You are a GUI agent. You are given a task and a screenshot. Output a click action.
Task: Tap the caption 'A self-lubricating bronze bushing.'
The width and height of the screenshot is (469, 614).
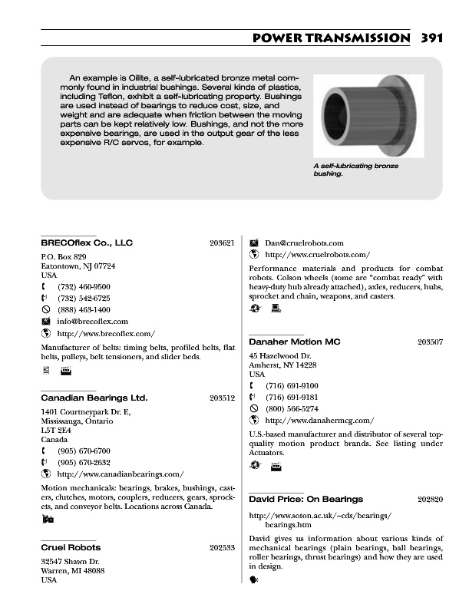355,170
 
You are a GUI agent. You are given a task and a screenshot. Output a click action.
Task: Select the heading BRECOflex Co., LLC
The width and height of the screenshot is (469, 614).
86,243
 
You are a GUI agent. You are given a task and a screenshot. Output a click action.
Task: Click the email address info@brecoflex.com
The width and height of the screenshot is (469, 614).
92,321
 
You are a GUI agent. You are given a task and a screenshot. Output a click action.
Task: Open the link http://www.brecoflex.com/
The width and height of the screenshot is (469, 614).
106,333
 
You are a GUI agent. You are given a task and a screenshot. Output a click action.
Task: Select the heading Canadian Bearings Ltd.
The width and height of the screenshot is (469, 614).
94,398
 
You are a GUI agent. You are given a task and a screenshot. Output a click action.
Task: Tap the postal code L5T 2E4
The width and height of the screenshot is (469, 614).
54,431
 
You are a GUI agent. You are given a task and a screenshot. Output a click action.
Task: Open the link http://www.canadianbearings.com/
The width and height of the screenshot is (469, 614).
121,474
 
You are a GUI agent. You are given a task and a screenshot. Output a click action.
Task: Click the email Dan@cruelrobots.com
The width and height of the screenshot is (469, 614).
304,243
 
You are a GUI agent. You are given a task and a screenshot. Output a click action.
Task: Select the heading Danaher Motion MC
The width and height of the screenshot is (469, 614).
295,341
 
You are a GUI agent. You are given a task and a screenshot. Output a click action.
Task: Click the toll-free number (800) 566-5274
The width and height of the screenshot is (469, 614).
292,409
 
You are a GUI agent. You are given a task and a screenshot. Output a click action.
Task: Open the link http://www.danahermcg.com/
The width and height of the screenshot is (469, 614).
319,421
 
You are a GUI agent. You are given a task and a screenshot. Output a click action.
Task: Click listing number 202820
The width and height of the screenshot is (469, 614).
430,499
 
